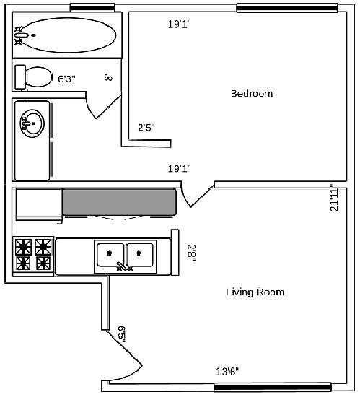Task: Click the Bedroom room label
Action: point(252,93)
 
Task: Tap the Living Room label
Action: point(255,292)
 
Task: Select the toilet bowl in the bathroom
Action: point(39,77)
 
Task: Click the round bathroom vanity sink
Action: point(32,123)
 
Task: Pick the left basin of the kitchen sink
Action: point(110,255)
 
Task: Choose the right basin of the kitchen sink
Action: point(140,255)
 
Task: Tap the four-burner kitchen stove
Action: point(33,254)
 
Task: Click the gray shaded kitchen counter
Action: point(119,202)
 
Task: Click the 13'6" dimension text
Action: point(227,372)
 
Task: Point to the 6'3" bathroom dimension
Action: point(67,79)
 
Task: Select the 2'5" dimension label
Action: point(146,127)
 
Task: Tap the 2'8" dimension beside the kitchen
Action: point(191,254)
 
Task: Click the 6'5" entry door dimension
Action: point(122,334)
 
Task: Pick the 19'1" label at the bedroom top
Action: point(180,25)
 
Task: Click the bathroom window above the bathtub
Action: point(92,7)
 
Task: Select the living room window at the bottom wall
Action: point(273,387)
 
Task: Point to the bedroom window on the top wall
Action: point(287,8)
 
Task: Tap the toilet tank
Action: point(20,77)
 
